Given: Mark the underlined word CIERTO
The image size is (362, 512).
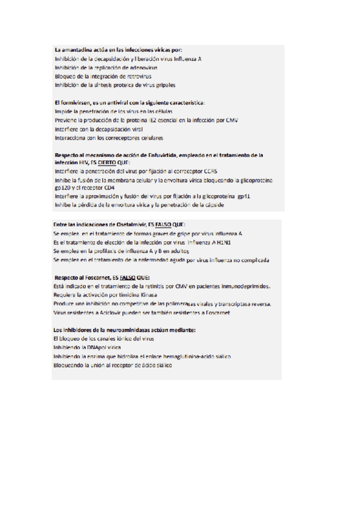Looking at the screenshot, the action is click(106, 163).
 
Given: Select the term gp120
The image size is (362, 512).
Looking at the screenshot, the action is click(63, 188).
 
